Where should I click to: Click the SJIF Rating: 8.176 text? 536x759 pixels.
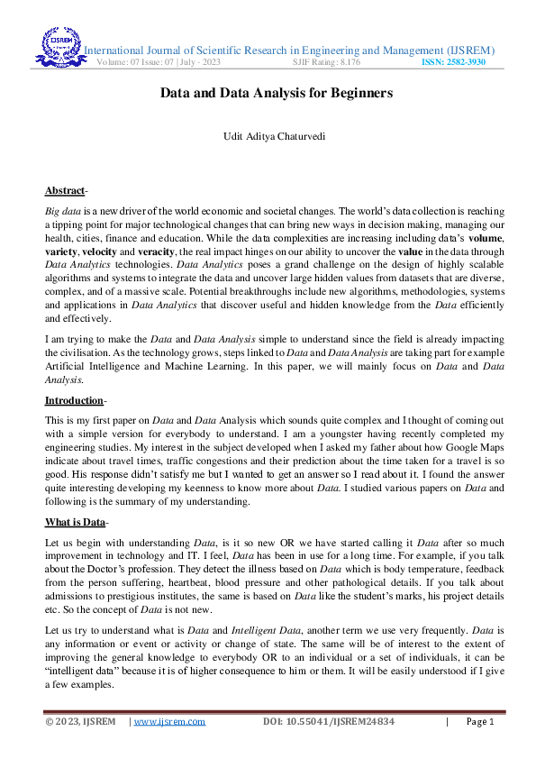click(326, 62)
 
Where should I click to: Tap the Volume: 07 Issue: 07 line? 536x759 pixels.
click(158, 62)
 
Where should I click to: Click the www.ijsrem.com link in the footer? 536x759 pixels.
click(169, 721)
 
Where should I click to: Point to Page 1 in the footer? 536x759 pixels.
click(479, 721)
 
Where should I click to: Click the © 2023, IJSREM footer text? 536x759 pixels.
click(80, 721)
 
